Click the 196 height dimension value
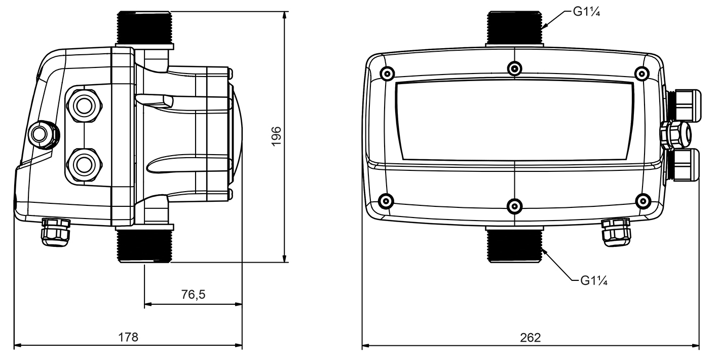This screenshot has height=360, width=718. click(x=276, y=137)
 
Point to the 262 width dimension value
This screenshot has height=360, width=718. click(x=531, y=338)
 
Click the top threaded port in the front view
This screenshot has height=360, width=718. click(x=514, y=27)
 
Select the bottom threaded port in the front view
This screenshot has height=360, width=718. click(x=514, y=245)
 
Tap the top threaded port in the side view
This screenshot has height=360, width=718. click(x=145, y=27)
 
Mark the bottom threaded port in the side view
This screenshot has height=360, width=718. click(x=145, y=245)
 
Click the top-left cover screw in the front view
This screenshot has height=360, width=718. click(x=387, y=74)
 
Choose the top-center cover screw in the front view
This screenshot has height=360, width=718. click(x=514, y=68)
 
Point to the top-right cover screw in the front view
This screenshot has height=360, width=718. click(x=642, y=74)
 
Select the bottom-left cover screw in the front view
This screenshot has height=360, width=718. click(x=387, y=200)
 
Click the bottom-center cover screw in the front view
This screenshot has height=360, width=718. click(x=514, y=205)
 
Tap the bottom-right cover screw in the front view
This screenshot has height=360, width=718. click(x=642, y=200)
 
